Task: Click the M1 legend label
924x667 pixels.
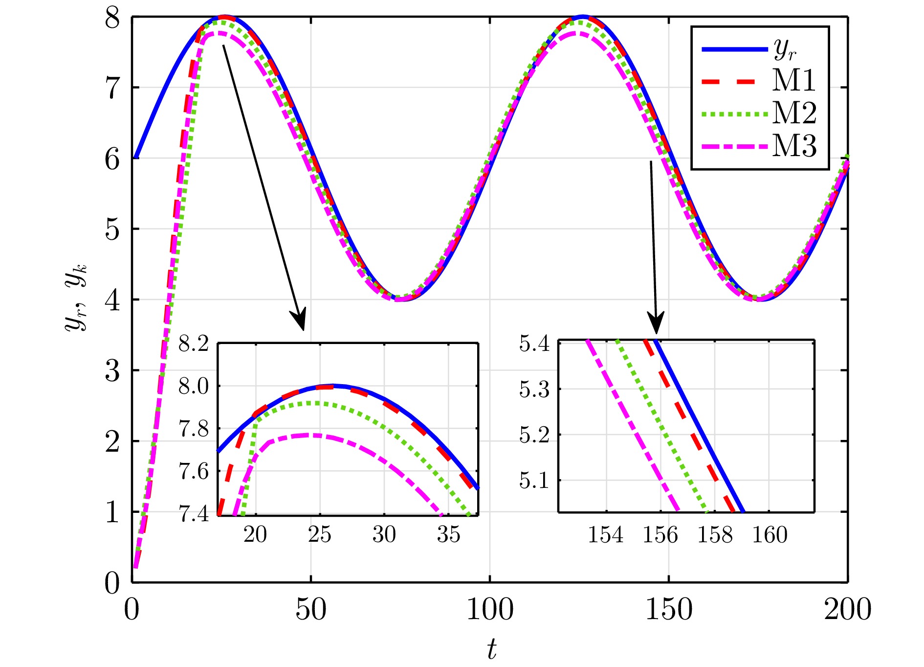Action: click(x=794, y=81)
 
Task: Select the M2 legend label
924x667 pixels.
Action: click(x=794, y=114)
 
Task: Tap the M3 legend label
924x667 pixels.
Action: click(x=794, y=146)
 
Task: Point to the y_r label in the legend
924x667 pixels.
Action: click(x=785, y=49)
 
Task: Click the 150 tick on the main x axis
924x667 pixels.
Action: click(x=669, y=610)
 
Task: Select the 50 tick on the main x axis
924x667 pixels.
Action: click(x=310, y=610)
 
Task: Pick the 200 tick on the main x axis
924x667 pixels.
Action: click(x=847, y=610)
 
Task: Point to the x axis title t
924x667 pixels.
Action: click(x=491, y=650)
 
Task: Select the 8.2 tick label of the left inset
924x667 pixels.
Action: click(x=193, y=344)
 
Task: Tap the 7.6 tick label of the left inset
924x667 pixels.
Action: click(x=193, y=472)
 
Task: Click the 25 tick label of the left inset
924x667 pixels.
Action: click(x=320, y=535)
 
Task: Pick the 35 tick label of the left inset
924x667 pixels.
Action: click(x=448, y=535)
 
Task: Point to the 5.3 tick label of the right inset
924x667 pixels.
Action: click(x=534, y=390)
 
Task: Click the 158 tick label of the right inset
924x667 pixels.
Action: click(x=715, y=535)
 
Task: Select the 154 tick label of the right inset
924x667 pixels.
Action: click(x=606, y=535)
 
